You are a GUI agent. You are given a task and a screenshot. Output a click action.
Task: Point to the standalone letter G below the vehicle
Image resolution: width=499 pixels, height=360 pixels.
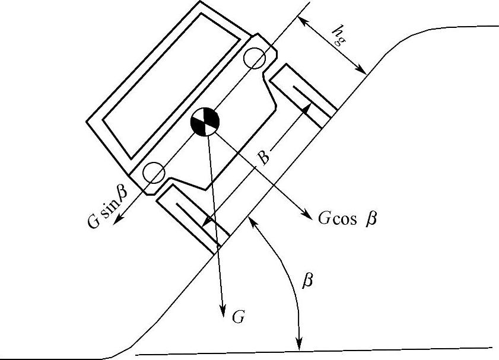[x=238, y=317]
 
